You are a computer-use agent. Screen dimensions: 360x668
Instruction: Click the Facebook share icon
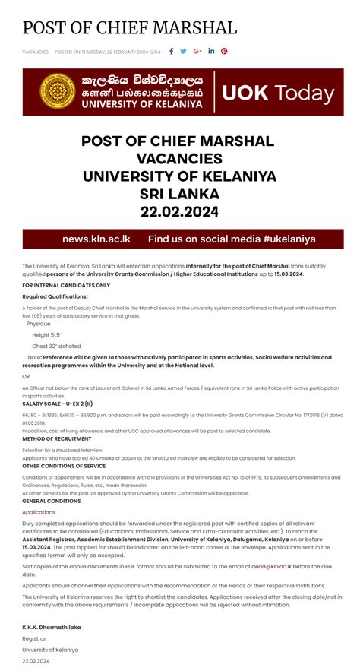pos(172,52)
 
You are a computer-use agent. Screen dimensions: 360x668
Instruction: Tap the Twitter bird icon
pos(184,52)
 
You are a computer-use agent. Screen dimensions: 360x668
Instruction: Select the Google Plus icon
pos(197,52)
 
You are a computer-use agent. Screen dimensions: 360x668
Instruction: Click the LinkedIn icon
pos(211,52)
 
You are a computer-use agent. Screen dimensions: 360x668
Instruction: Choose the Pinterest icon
pos(224,52)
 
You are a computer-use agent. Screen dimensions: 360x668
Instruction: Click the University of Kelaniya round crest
pos(56,93)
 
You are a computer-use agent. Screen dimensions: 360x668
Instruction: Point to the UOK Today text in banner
pos(278,93)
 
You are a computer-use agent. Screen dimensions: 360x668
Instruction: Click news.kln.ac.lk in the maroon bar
pos(96,239)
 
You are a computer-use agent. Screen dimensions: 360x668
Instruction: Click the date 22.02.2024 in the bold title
pos(179,211)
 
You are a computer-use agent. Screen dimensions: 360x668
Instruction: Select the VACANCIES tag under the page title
pos(35,52)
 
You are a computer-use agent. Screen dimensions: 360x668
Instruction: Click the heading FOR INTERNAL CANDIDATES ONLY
pos(66,285)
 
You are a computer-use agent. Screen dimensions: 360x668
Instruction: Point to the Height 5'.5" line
pos(47,334)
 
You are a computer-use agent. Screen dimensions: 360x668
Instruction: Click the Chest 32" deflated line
pos(56,345)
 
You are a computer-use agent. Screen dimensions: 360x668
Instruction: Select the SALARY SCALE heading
pos(58,404)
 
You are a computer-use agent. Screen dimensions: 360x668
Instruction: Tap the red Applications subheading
pos(39,512)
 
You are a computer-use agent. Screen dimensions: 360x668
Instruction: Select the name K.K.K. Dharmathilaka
pos(52,627)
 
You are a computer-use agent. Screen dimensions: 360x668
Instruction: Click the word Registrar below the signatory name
pos(34,638)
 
